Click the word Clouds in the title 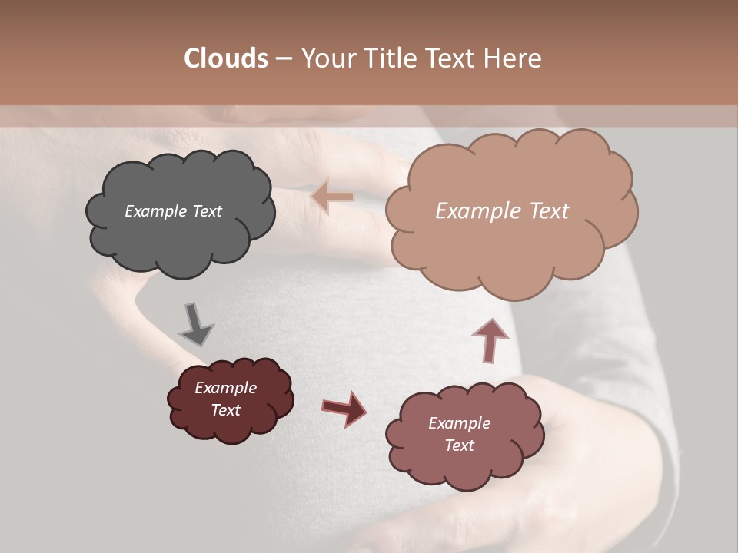(226, 58)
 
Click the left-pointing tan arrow (332, 197)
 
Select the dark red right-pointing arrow (344, 408)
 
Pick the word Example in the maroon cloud (225, 388)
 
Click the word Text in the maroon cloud (225, 410)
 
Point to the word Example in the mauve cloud (459, 423)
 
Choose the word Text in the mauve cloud (459, 445)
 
